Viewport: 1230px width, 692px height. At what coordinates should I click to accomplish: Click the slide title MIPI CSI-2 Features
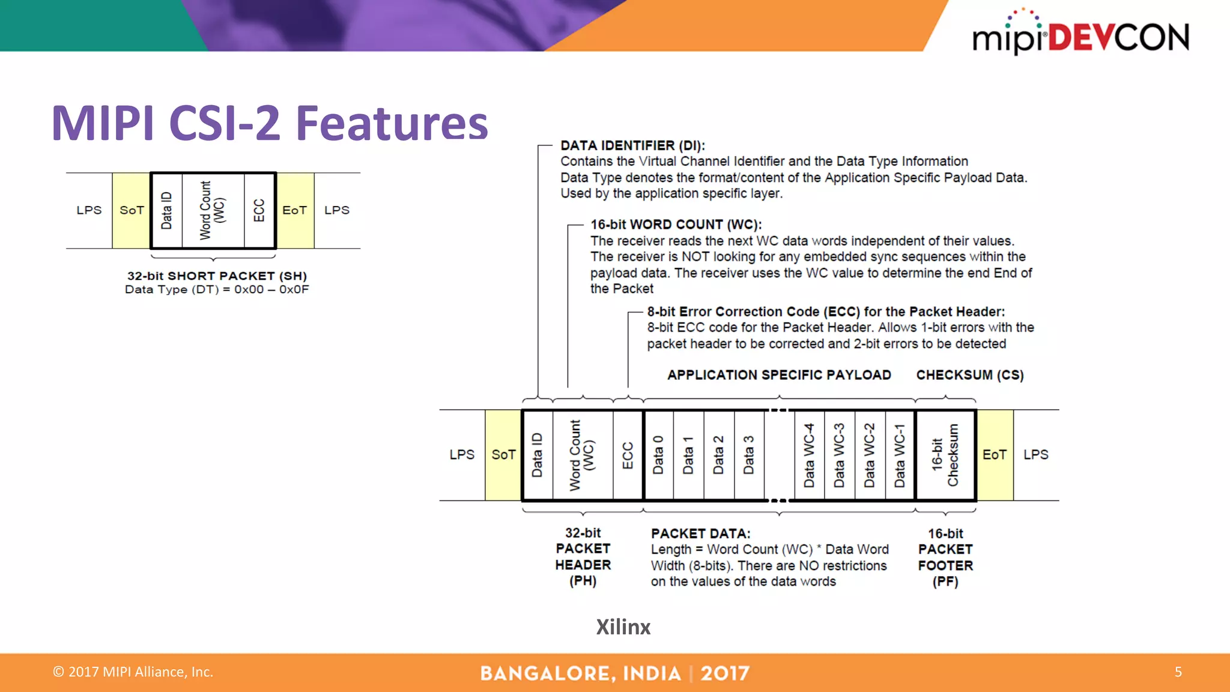coord(270,123)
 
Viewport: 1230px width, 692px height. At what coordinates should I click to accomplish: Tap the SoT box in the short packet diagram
coord(132,210)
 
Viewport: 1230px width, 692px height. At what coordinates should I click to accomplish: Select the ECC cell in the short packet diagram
coord(259,210)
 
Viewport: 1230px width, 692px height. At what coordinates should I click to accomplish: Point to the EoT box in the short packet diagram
coord(295,210)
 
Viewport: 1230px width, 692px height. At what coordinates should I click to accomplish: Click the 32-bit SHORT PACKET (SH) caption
coord(217,276)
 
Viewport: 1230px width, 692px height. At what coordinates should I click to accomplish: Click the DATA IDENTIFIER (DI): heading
coord(632,145)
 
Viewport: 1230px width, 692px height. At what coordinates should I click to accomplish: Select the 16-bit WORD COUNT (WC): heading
coord(676,225)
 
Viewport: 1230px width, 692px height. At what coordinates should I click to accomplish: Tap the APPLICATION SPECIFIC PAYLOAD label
coord(779,375)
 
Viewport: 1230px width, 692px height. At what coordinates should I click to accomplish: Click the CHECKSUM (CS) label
coord(969,375)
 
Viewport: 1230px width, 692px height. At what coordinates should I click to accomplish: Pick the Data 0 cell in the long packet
coord(658,455)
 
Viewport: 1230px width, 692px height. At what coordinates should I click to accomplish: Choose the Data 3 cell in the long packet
coord(749,455)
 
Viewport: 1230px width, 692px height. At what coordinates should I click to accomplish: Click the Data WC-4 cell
coord(810,455)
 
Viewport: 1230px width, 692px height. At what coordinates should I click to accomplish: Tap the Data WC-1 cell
coord(900,455)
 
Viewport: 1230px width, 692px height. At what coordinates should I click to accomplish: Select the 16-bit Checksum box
coord(945,455)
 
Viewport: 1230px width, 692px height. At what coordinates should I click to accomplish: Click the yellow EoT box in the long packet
coord(995,455)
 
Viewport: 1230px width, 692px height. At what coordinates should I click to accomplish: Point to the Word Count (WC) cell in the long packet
coord(583,455)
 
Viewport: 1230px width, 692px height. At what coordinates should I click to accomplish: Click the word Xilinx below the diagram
coord(623,627)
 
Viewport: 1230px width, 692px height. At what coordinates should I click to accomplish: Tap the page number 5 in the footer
coord(1178,672)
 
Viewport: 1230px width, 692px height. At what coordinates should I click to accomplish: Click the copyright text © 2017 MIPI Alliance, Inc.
coord(133,672)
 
